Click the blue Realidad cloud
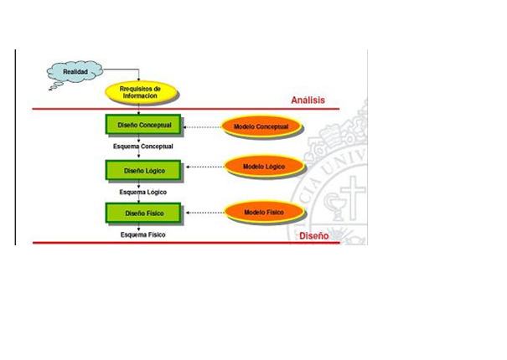pyautogui.click(x=75, y=74)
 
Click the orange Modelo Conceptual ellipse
pyautogui.click(x=261, y=126)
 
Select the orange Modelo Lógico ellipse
pyautogui.click(x=263, y=167)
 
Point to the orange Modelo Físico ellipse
pyautogui.click(x=263, y=212)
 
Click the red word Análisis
pyautogui.click(x=308, y=100)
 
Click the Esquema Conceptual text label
pyautogui.click(x=143, y=146)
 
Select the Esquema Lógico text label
pyautogui.click(x=143, y=192)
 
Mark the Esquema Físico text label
pyautogui.click(x=142, y=234)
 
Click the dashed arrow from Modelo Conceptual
pyautogui.click(x=201, y=127)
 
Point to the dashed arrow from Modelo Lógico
pyautogui.click(x=204, y=167)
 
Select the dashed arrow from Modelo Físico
pyautogui.click(x=204, y=213)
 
